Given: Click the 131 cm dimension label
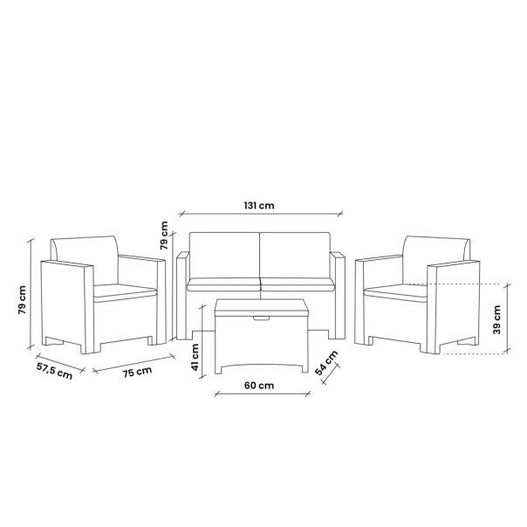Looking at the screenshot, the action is (x=259, y=205).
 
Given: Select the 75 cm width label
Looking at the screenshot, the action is (x=137, y=372).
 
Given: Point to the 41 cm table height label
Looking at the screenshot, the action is (x=195, y=357).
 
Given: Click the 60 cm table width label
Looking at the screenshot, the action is (x=259, y=385).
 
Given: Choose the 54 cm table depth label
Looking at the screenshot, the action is (x=326, y=363).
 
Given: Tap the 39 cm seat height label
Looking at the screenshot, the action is (x=496, y=319).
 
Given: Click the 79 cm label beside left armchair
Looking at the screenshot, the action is (x=22, y=300).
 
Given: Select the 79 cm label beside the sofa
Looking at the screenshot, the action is (x=164, y=236).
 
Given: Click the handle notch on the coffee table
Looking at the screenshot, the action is (x=262, y=318).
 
